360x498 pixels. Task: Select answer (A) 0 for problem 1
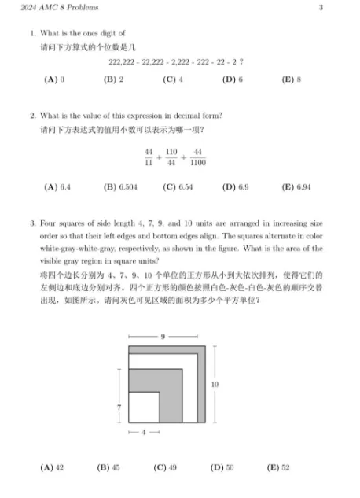pos(53,79)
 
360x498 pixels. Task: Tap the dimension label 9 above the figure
pos(163,336)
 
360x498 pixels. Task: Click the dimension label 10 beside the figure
pos(215,384)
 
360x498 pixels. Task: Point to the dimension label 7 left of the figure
pos(118,408)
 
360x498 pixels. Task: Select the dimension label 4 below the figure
pos(144,433)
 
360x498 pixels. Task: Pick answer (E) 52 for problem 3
pos(278,467)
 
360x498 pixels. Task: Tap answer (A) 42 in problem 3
pos(53,467)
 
